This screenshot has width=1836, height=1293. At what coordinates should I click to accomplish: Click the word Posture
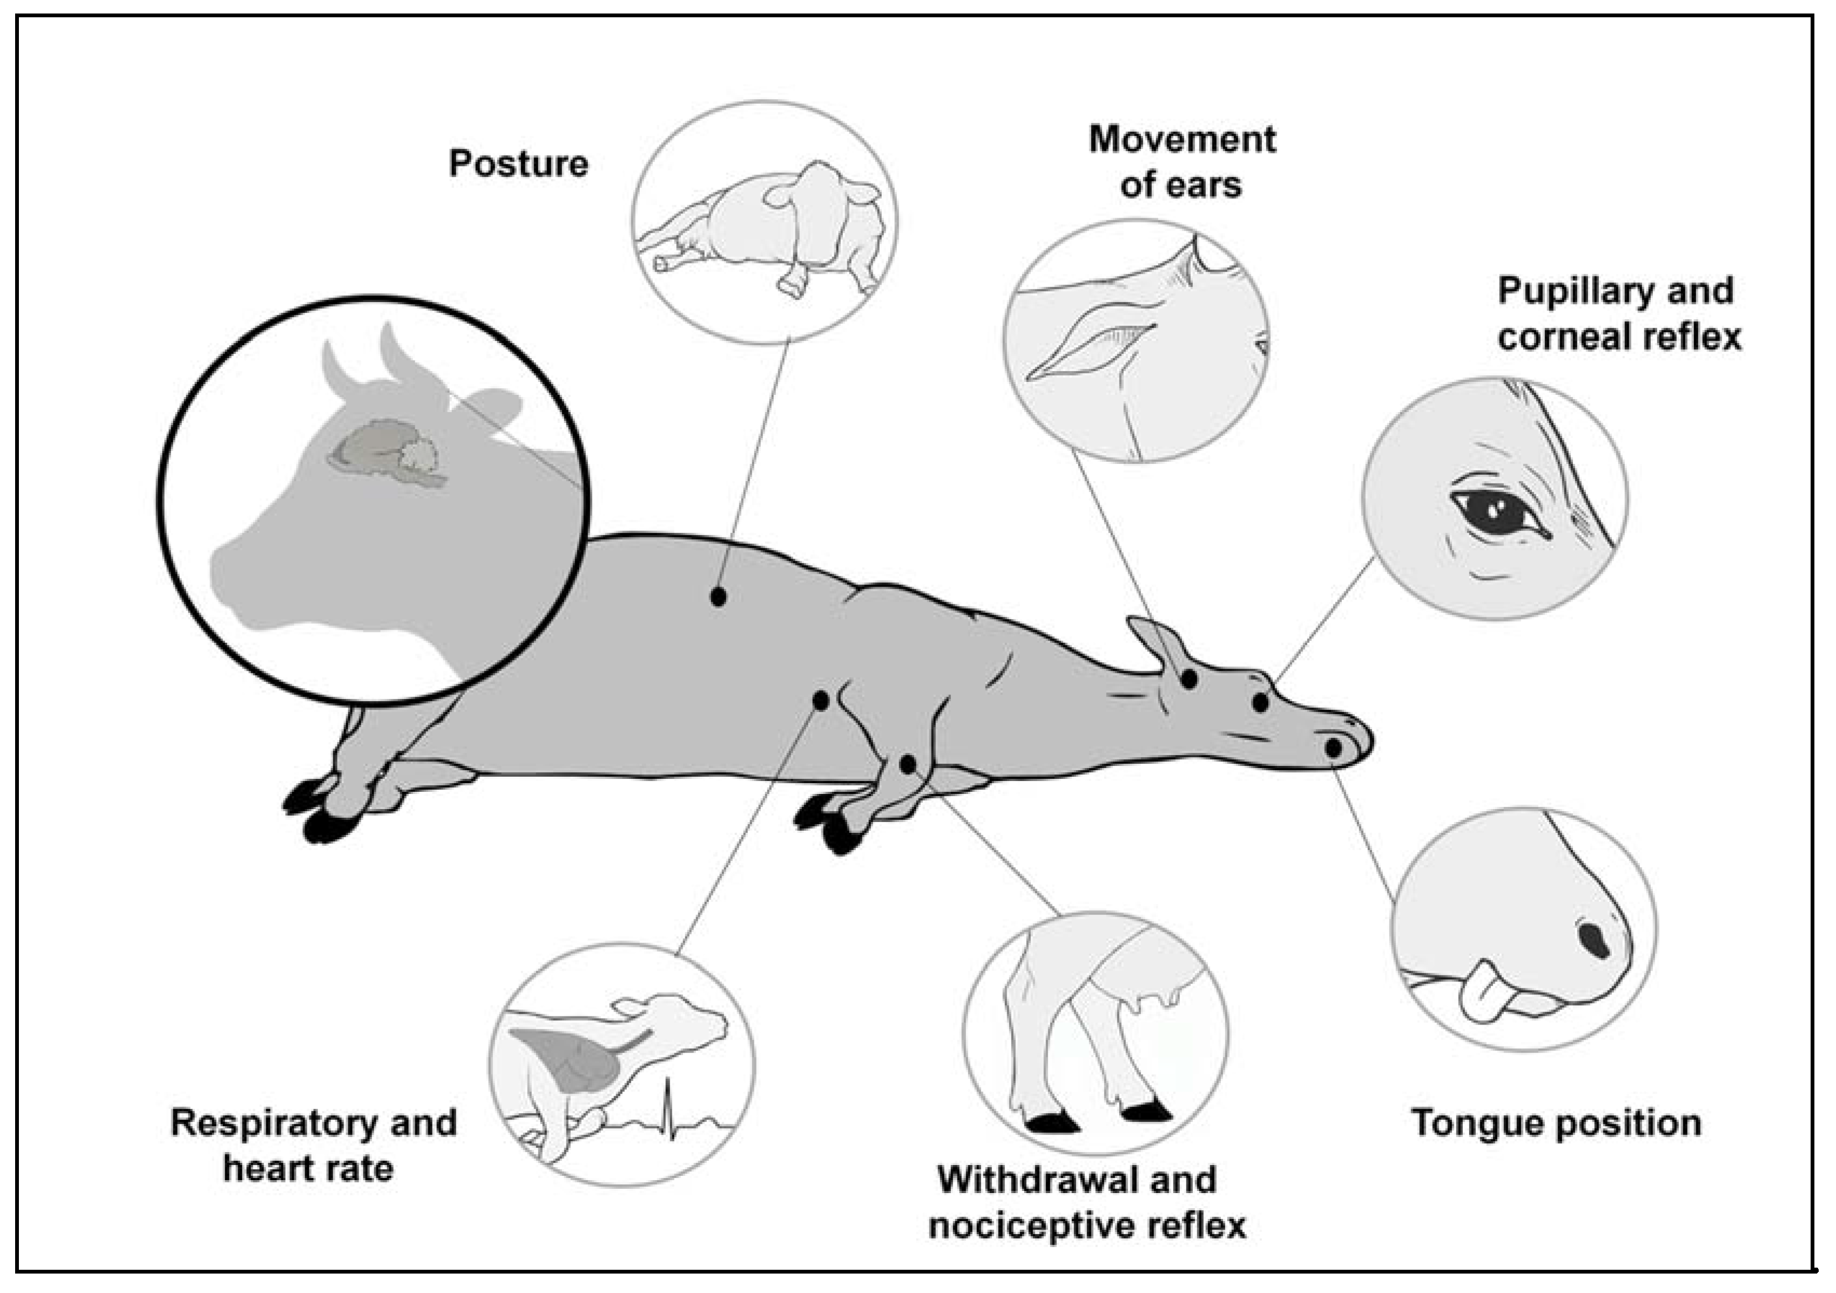[518, 164]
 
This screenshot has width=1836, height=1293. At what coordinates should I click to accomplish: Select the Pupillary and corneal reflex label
[1618, 313]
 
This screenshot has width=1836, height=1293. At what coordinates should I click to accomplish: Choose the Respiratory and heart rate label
[313, 1145]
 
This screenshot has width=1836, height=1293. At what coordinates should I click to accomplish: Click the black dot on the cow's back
[718, 596]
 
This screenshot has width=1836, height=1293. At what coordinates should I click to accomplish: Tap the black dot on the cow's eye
[1260, 703]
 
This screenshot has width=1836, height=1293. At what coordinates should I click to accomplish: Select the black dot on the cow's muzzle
[1334, 747]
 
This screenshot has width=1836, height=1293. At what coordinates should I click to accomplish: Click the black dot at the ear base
[1189, 679]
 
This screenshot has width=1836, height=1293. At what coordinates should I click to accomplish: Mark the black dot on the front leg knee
[908, 764]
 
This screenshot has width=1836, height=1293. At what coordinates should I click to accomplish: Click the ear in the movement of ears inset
[1091, 340]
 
